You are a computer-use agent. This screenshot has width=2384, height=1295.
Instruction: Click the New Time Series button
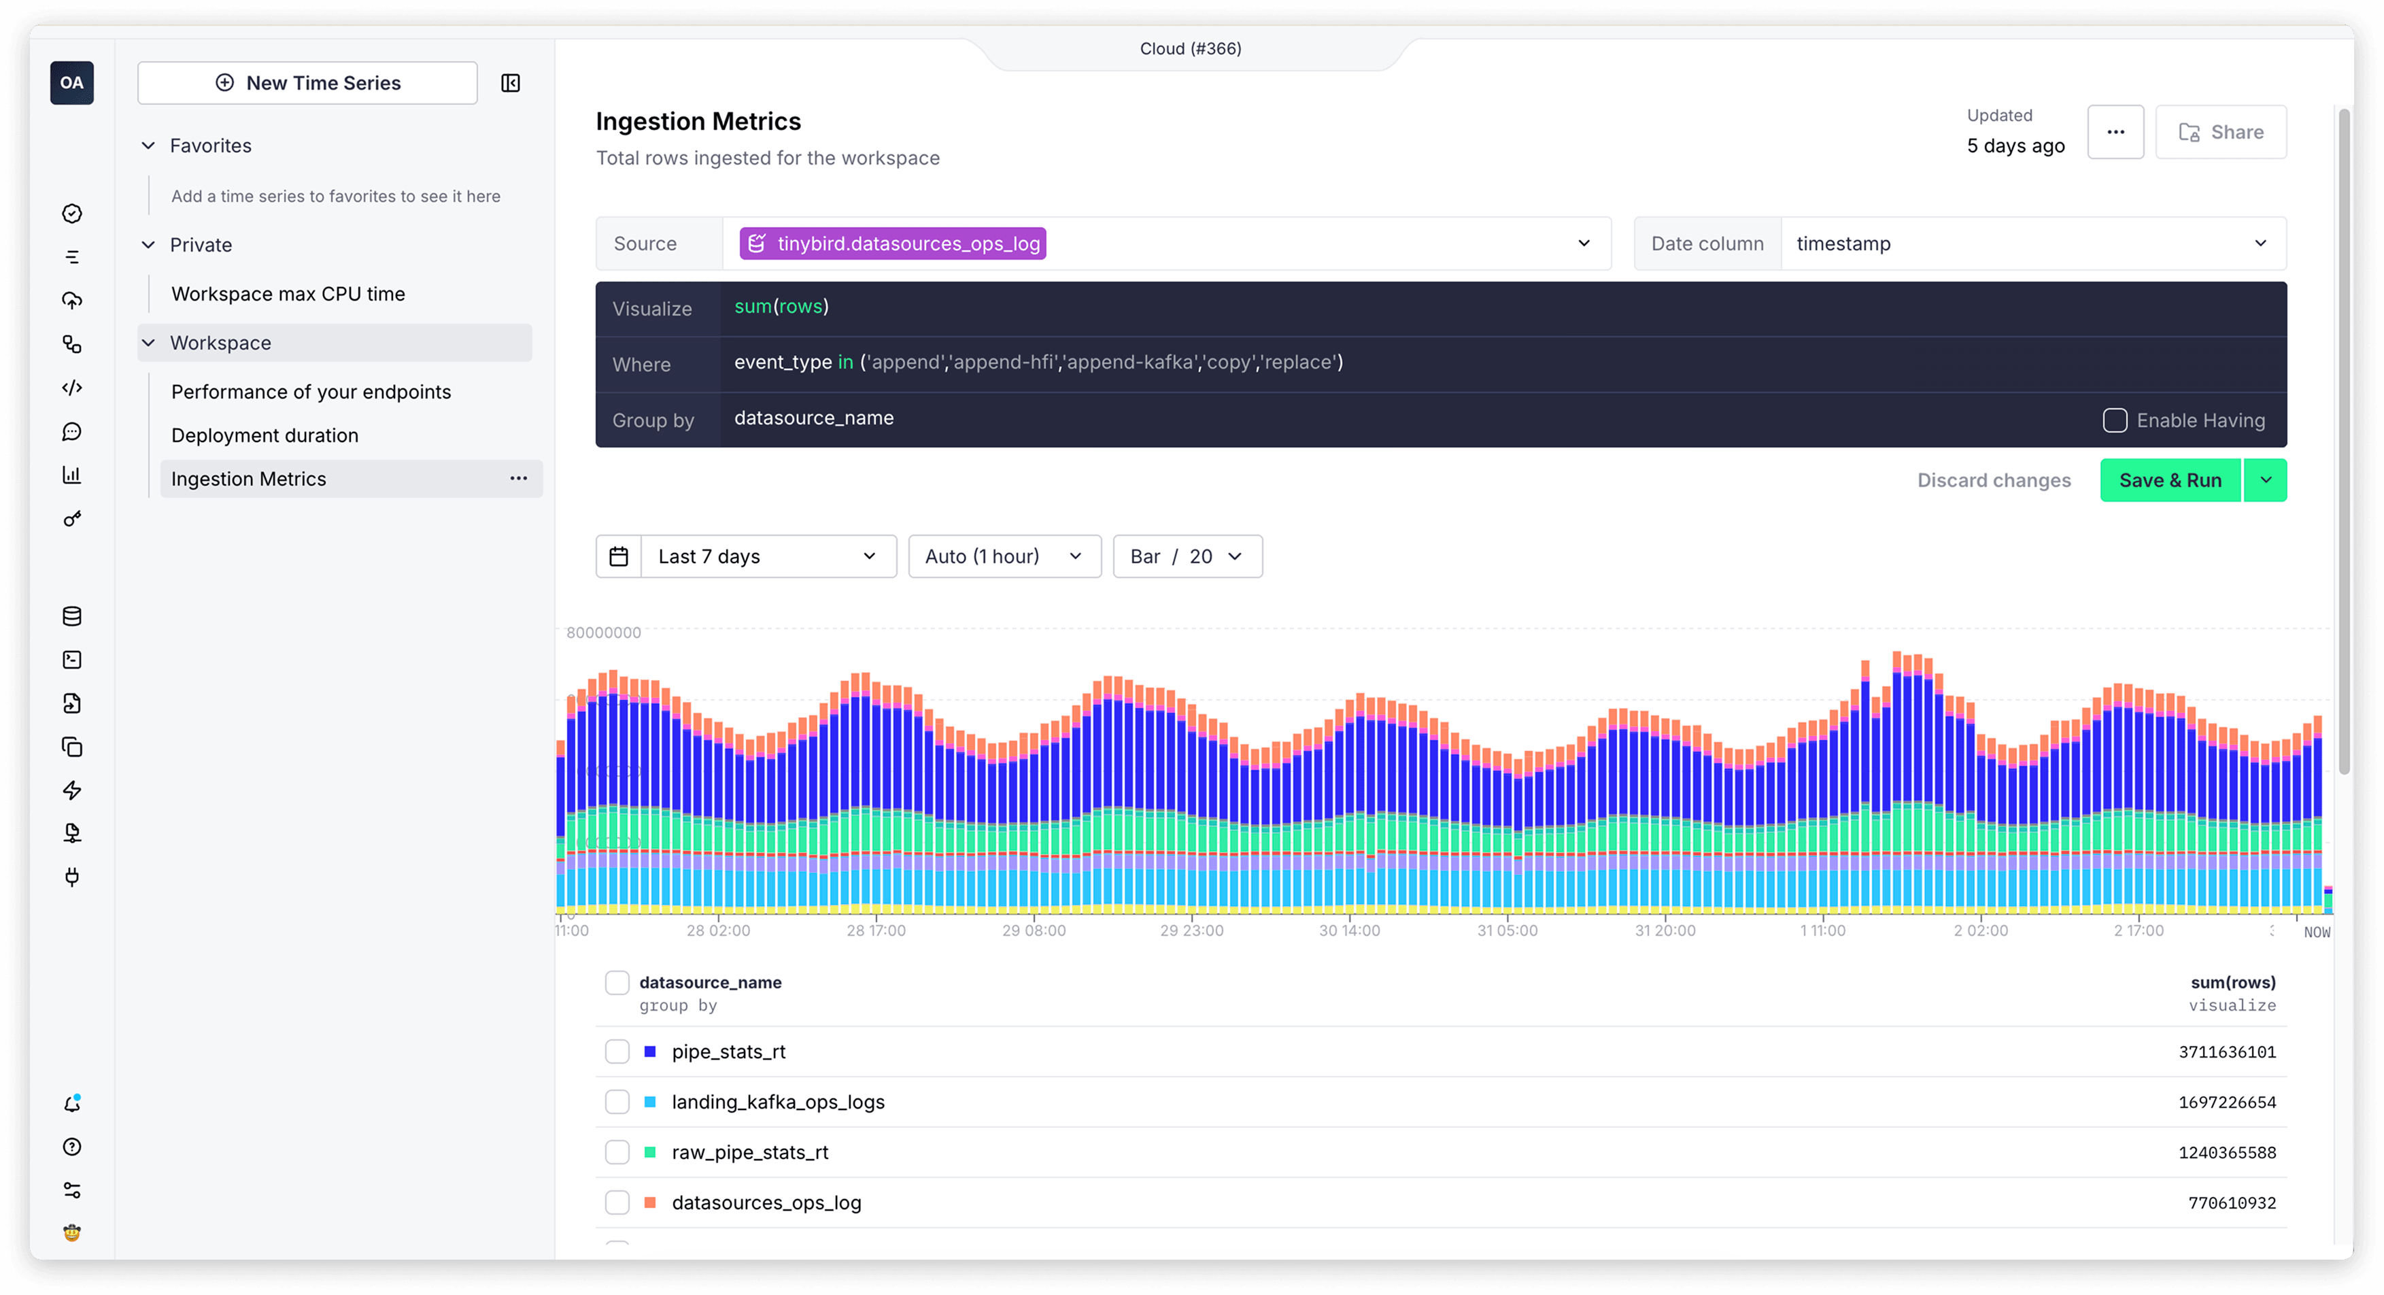[307, 83]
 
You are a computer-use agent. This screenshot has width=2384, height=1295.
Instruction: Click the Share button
[2220, 133]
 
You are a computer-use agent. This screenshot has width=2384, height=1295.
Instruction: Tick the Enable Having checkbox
[2115, 420]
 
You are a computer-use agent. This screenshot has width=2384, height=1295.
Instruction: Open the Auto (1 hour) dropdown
[1004, 556]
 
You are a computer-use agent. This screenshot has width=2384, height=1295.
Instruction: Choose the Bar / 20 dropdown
[1187, 556]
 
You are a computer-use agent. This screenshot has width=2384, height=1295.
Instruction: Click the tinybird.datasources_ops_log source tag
[892, 243]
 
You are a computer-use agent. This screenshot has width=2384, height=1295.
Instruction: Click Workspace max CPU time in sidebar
[288, 293]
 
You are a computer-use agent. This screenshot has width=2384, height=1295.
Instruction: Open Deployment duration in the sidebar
[265, 435]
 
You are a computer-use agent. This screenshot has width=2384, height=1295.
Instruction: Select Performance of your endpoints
[311, 392]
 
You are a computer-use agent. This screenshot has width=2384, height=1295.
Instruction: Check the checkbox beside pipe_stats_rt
[617, 1052]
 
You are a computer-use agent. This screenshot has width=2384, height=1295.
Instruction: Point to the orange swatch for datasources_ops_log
[649, 1202]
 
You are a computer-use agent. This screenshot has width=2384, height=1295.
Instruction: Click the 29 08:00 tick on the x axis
[1034, 930]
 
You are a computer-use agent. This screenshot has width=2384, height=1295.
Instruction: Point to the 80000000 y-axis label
[603, 633]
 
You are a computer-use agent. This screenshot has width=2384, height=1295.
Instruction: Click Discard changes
[1994, 480]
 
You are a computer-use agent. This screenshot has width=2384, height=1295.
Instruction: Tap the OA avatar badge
[72, 83]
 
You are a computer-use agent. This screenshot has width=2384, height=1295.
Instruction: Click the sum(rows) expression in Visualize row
[781, 306]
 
